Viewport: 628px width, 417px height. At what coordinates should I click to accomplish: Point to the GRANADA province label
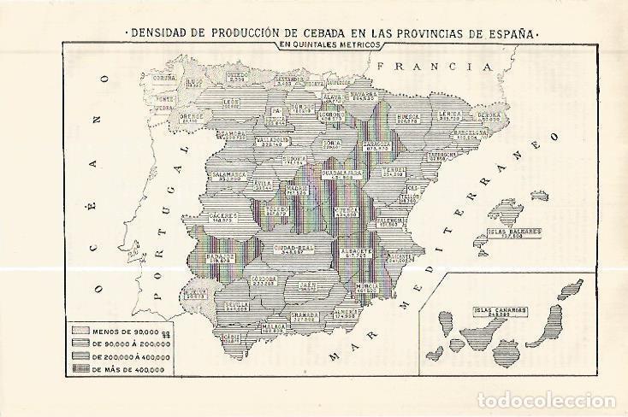(x=305, y=315)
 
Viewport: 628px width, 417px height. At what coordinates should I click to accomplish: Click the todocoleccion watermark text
(x=547, y=401)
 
